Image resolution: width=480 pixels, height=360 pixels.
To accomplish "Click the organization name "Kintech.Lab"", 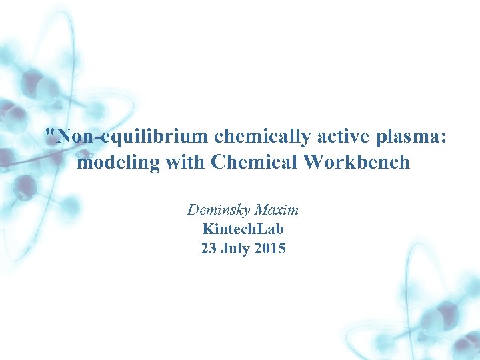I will tap(243, 229).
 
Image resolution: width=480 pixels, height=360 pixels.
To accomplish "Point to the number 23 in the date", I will tap(208, 249).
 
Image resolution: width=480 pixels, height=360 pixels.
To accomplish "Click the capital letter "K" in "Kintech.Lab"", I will tap(207, 229).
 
